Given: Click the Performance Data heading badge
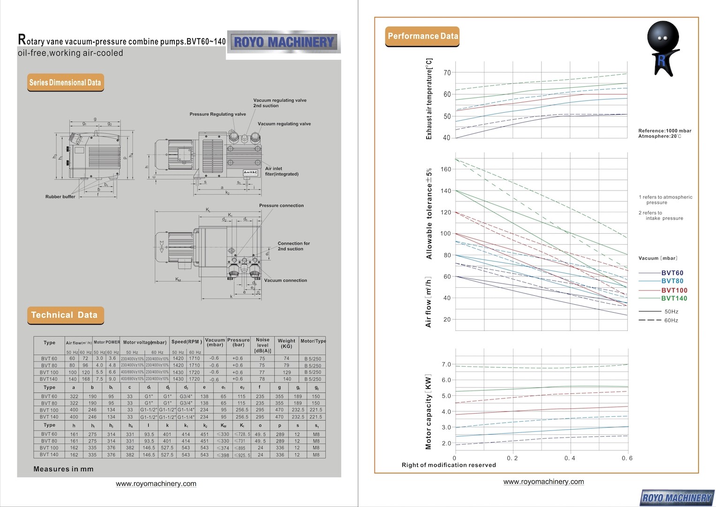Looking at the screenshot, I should (422, 36).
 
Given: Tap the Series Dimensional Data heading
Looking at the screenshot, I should (65, 83).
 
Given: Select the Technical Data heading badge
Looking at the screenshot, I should (65, 315).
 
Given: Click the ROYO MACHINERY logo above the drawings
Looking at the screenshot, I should (283, 42).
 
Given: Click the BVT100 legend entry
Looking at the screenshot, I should (674, 290).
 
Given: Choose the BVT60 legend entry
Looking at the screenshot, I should (672, 273).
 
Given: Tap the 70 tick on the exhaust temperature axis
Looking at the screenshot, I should (447, 73).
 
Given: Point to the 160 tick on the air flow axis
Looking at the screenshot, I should (445, 169).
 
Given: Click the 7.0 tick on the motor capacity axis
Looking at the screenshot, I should (446, 365).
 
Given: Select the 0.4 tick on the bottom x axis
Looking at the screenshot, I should (570, 458).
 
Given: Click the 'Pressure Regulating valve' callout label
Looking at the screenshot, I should (218, 114).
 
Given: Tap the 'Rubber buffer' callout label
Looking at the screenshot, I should (60, 197).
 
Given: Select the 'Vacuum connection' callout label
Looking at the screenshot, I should (286, 280).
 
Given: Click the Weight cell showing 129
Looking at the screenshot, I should (286, 372).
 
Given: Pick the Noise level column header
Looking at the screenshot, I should (263, 345).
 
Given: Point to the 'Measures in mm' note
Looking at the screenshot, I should (63, 469).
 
